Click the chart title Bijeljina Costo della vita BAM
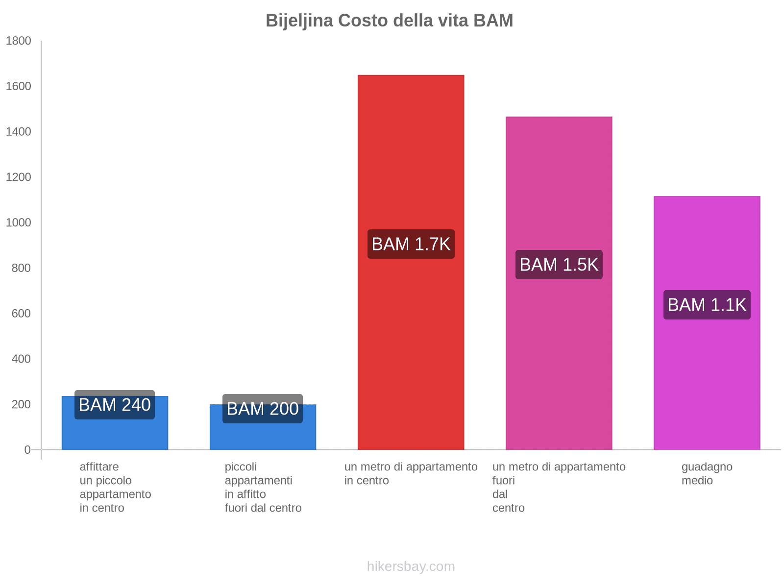tap(389, 21)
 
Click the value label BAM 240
tap(115, 405)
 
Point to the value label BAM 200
tap(263, 409)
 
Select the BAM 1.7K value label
tap(411, 244)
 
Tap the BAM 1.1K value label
tap(707, 305)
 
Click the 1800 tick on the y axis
tap(19, 41)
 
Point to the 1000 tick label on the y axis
tap(19, 222)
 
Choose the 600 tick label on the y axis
tap(22, 314)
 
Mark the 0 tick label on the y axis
tap(27, 450)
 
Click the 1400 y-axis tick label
tap(19, 132)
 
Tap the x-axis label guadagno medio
tap(707, 474)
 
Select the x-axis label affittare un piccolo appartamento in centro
tap(115, 487)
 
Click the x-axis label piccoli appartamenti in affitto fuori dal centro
tap(263, 487)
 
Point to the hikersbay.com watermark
tap(411, 566)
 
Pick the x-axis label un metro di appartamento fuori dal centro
tap(559, 487)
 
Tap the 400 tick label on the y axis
tap(22, 359)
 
